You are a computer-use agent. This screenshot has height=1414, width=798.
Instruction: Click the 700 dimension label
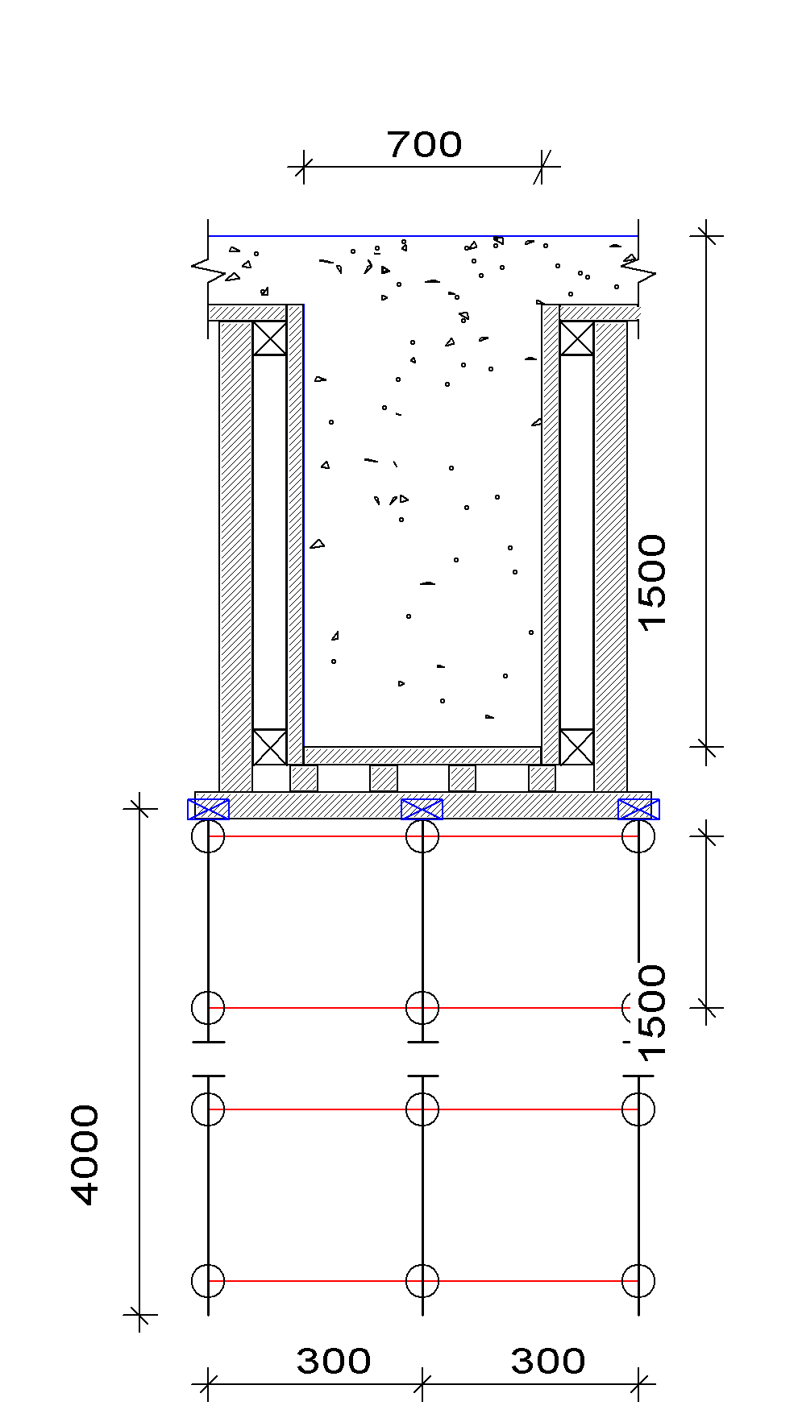click(424, 145)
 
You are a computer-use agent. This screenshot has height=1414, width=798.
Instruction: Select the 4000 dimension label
click(85, 1155)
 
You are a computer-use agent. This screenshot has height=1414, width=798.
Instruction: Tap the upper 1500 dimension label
click(651, 584)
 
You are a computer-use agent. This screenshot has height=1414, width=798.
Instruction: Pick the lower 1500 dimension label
click(651, 1014)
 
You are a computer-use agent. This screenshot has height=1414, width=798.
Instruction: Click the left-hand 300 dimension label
click(334, 1361)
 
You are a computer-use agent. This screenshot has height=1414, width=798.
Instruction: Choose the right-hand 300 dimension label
click(548, 1361)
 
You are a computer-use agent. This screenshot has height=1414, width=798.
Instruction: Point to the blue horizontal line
click(423, 236)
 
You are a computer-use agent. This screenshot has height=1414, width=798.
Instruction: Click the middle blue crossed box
click(422, 809)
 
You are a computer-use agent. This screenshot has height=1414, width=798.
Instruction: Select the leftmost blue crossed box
click(208, 809)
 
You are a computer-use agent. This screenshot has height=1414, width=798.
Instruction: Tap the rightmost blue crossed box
click(638, 809)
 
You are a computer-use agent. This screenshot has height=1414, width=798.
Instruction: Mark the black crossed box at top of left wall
click(269, 338)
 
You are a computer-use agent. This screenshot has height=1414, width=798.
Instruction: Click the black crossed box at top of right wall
click(576, 338)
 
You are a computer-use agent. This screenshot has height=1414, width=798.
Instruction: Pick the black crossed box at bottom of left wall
click(269, 747)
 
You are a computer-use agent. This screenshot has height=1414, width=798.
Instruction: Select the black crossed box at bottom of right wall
click(576, 747)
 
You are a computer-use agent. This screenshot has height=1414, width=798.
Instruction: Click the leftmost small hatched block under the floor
click(304, 778)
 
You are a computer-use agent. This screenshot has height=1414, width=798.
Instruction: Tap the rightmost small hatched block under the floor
click(542, 778)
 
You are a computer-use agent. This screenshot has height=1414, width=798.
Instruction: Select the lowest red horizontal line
click(423, 1280)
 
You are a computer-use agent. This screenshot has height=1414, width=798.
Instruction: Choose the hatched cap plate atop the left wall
click(247, 313)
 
